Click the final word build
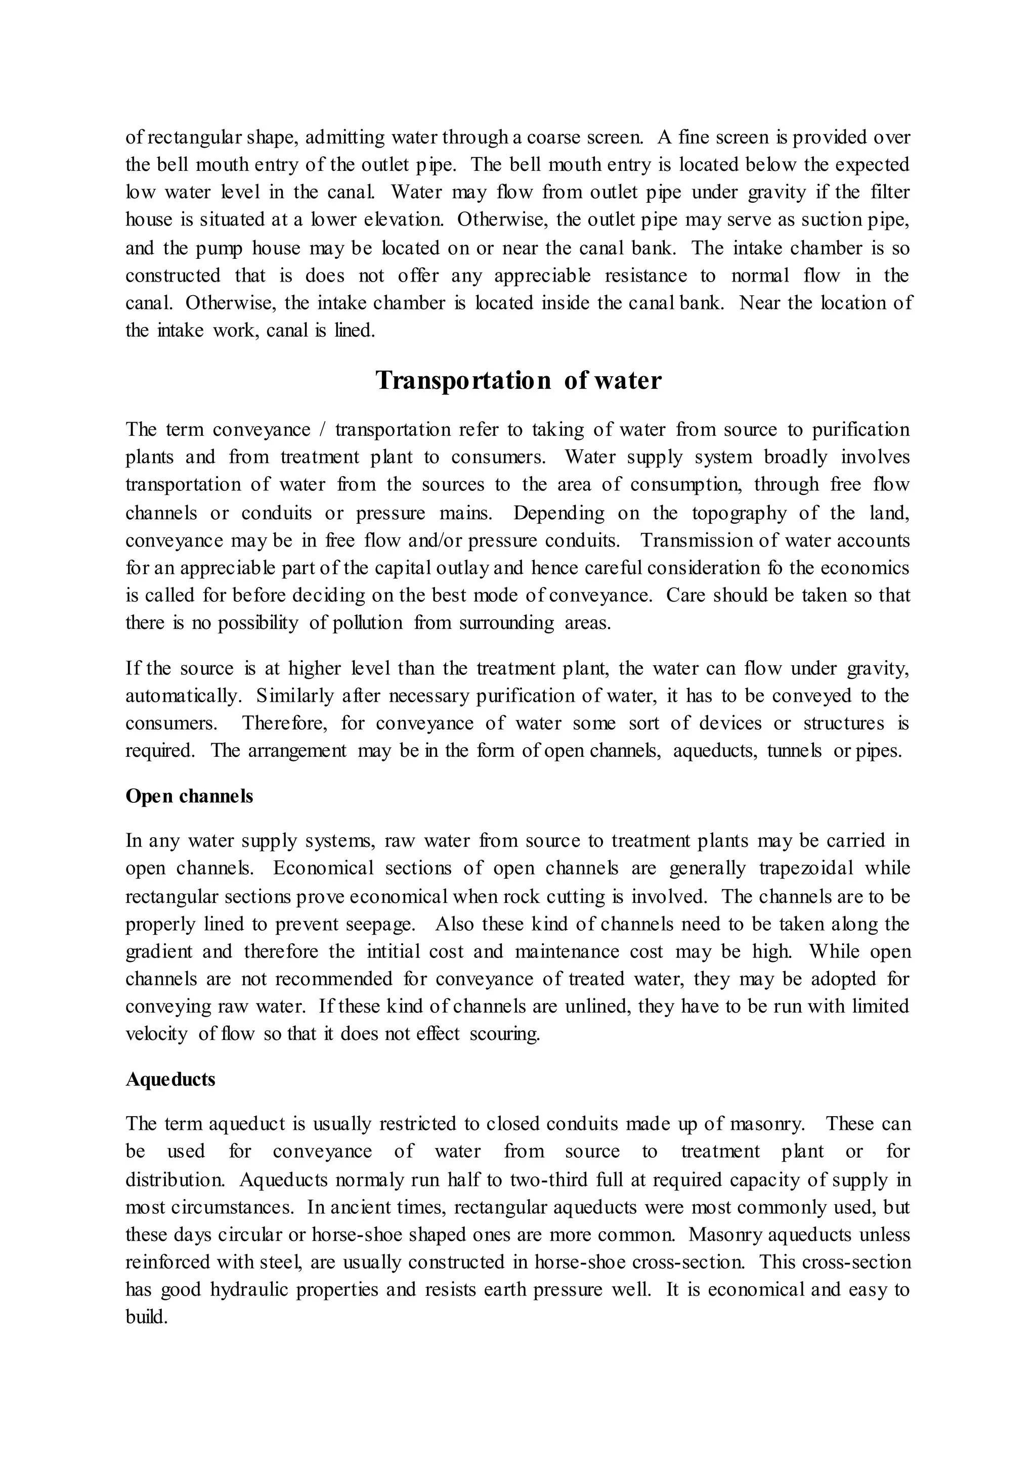point(147,1317)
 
